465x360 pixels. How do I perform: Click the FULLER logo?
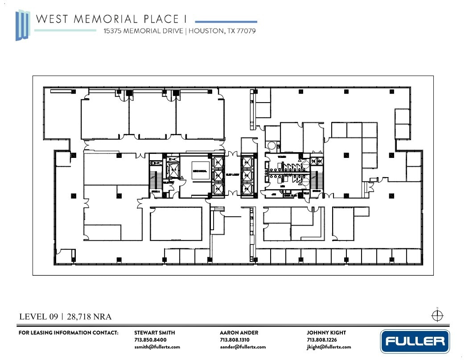(x=415, y=342)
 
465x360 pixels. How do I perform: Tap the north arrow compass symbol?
(x=437, y=315)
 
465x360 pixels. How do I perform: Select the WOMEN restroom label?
(x=282, y=157)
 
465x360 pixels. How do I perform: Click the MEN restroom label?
(x=282, y=186)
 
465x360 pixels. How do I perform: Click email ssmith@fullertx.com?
(x=157, y=347)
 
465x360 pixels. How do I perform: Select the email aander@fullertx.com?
(x=243, y=347)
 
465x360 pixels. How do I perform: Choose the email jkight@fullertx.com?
(x=329, y=347)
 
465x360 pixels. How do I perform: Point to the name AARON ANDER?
(x=239, y=332)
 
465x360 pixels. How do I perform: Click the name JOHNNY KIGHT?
(x=326, y=332)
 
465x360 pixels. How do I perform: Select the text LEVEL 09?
(x=39, y=317)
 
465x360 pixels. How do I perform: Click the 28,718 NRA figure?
(x=89, y=317)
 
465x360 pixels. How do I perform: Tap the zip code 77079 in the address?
(x=246, y=31)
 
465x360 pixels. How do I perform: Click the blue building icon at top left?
(x=22, y=25)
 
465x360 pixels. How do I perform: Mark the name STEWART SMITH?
(x=154, y=332)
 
